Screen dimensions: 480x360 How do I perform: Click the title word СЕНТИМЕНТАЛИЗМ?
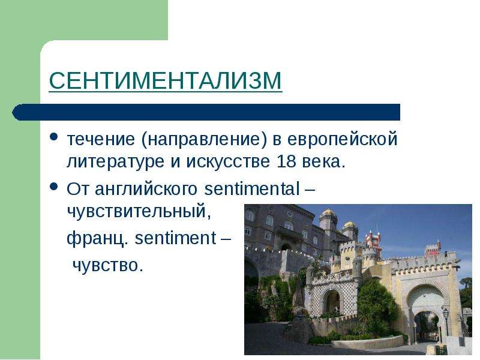(x=166, y=80)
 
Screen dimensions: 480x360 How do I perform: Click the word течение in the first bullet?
(x=101, y=139)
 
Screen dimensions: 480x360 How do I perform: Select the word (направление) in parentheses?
(x=205, y=139)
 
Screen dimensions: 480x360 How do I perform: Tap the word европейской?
(x=342, y=139)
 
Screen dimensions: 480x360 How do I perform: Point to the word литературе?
(x=115, y=162)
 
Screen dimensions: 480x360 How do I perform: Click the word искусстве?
(x=229, y=161)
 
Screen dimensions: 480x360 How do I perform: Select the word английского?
(x=146, y=189)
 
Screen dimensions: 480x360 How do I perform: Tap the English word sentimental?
(x=252, y=188)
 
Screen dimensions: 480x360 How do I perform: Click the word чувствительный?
(x=139, y=211)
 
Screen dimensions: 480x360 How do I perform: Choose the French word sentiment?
(x=175, y=238)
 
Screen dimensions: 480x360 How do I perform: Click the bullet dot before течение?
(x=54, y=136)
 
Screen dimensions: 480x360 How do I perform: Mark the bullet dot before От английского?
(x=54, y=186)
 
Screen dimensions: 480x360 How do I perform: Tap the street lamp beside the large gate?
(x=446, y=321)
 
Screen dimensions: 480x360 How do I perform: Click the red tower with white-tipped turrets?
(x=373, y=241)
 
